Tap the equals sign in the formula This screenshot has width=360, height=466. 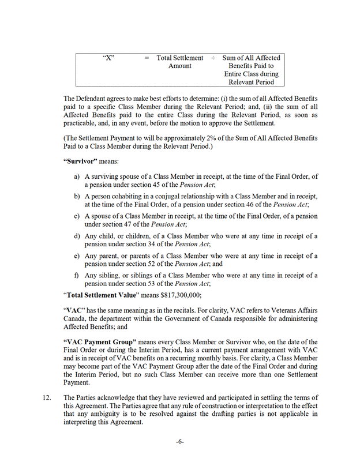147,58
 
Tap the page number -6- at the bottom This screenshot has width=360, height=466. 180,442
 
